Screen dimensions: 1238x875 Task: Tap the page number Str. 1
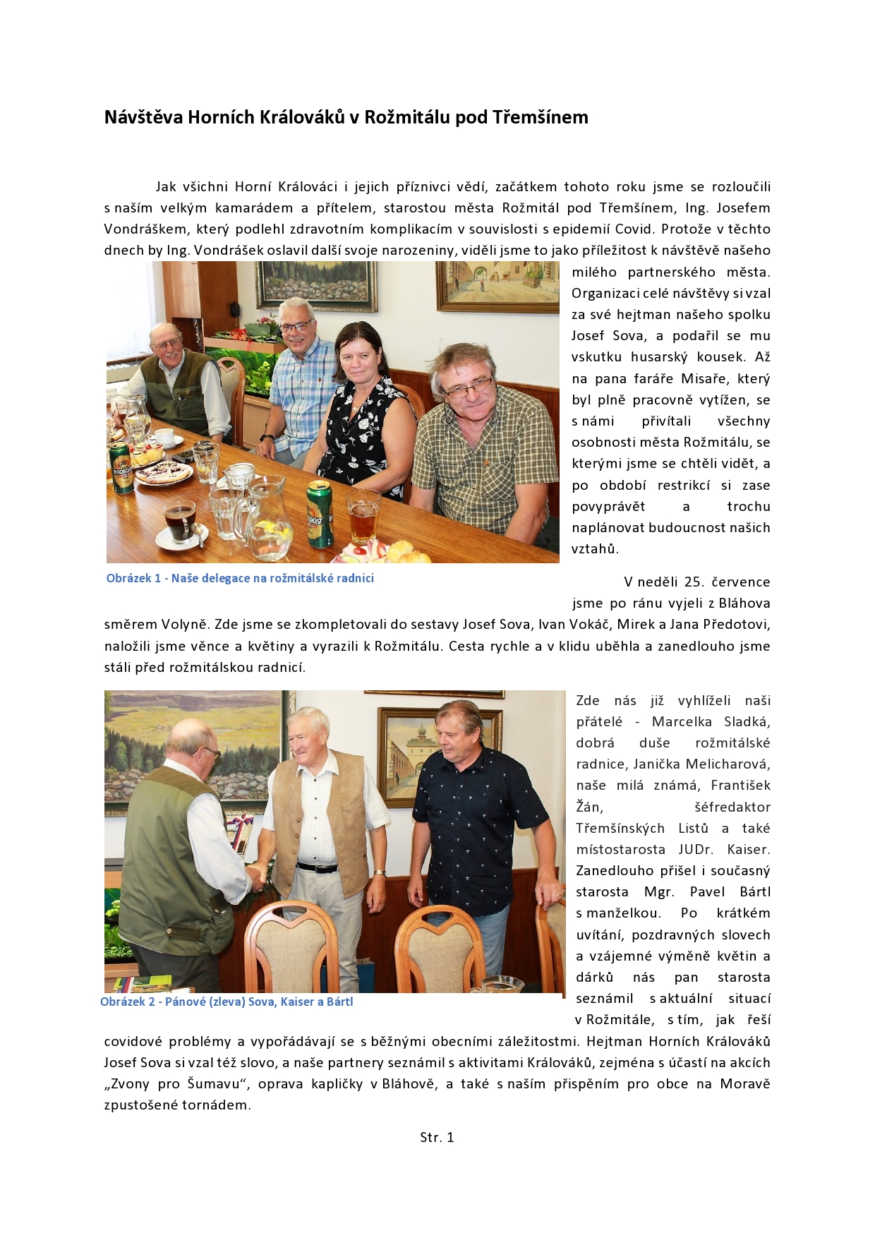(437, 1137)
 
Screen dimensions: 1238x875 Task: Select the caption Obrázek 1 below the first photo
(240, 578)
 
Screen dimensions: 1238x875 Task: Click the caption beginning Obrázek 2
(227, 1002)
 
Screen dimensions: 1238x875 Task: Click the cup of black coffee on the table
(179, 520)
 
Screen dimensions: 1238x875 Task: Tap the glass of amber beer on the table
(363, 515)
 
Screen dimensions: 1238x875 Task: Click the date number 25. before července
(694, 582)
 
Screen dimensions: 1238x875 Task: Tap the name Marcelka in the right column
(681, 721)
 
